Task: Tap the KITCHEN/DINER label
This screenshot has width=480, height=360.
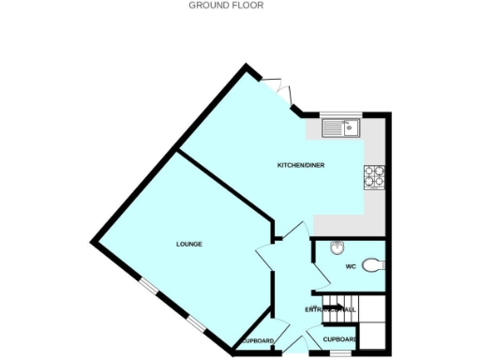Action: point(301,166)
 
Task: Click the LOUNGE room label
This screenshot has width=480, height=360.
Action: point(189,244)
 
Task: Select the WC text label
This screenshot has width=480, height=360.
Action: point(351,266)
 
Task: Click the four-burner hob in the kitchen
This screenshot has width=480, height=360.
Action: point(375,175)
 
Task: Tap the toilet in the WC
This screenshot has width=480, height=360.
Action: point(373,264)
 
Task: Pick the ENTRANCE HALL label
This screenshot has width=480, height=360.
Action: point(330,309)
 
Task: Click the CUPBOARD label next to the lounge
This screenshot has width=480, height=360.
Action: point(256,340)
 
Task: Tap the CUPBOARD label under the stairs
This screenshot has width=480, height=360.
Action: point(339,338)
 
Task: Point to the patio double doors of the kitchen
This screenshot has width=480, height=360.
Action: point(279,90)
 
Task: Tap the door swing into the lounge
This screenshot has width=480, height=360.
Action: point(265,258)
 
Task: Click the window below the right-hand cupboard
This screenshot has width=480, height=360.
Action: point(340,353)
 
